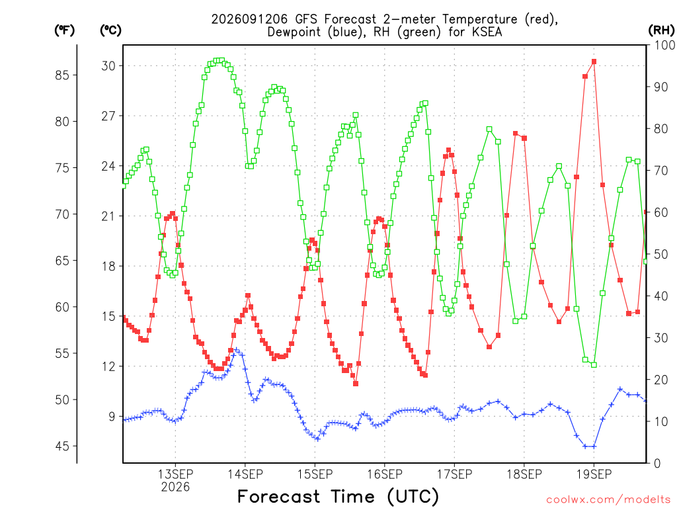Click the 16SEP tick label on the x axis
click(x=385, y=474)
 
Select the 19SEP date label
click(x=594, y=474)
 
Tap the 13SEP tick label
click(x=175, y=474)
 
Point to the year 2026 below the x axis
click(x=175, y=487)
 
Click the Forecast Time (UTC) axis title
click(x=338, y=497)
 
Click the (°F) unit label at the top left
click(x=64, y=30)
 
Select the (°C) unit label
click(x=110, y=30)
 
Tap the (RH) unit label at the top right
click(x=661, y=30)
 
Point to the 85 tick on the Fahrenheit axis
click(x=62, y=75)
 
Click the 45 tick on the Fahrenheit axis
click(x=62, y=446)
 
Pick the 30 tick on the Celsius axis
click(x=108, y=65)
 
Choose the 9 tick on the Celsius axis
click(x=112, y=417)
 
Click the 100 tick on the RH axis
click(x=664, y=45)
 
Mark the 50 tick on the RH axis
click(x=661, y=254)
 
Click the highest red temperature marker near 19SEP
click(x=594, y=62)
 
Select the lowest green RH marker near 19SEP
click(x=594, y=365)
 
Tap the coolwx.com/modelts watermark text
click(x=608, y=500)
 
